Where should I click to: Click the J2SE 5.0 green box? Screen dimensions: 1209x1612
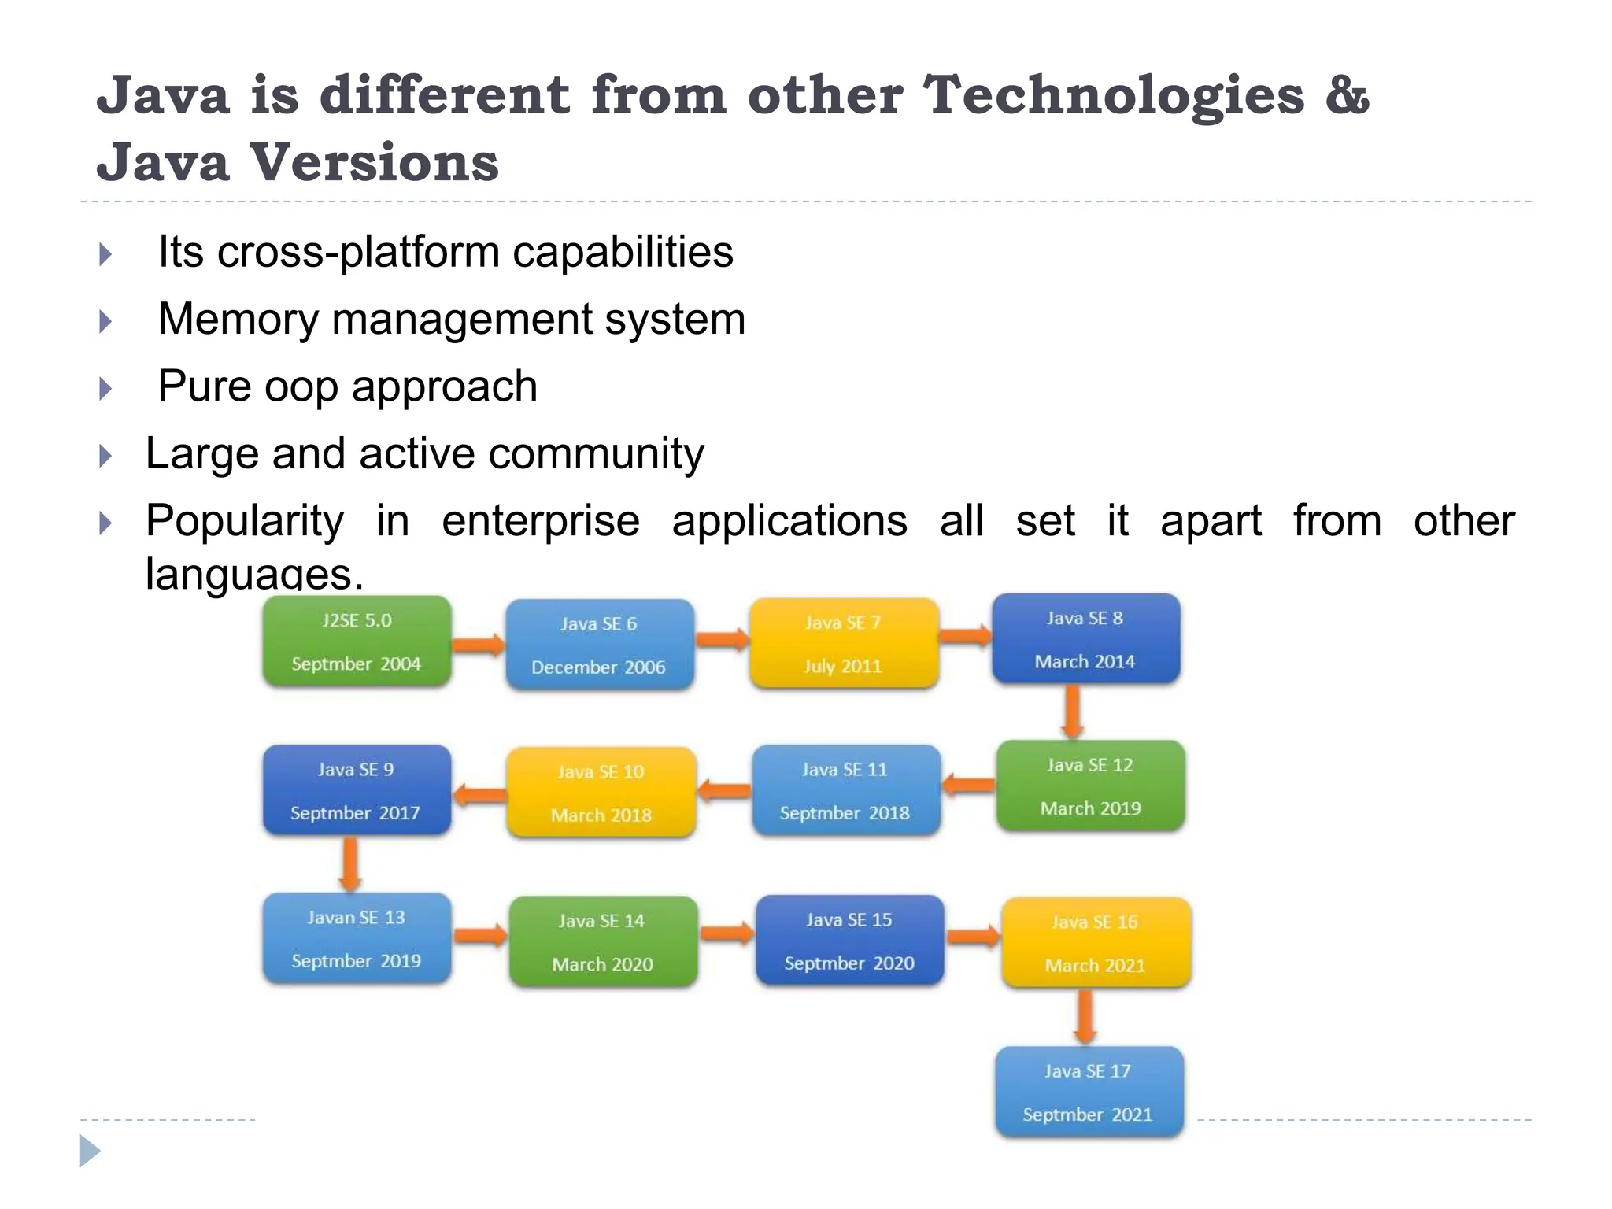click(357, 641)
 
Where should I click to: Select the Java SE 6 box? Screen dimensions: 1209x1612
click(599, 645)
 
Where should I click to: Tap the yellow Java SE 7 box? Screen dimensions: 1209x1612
click(843, 644)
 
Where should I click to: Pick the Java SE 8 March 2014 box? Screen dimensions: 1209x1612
click(1085, 639)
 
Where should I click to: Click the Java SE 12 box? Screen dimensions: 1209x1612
click(1090, 786)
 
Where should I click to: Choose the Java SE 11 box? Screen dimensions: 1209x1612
click(845, 790)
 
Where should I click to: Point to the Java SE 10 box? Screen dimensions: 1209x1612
click(601, 793)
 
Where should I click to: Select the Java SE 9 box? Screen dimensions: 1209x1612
click(357, 790)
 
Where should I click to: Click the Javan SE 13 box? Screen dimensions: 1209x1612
click(357, 938)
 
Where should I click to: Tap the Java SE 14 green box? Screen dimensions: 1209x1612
click(602, 941)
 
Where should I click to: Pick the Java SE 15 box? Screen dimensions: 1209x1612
click(849, 941)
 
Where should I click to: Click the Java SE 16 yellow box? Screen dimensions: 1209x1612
click(1095, 943)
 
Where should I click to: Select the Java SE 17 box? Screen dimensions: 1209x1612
click(1089, 1092)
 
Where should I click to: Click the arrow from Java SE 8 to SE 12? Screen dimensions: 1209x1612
click(1072, 712)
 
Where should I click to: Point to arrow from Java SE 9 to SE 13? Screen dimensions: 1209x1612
click(350, 863)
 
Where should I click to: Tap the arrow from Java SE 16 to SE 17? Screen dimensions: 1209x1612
click(1085, 1016)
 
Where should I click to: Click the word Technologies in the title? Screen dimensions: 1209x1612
click(1113, 96)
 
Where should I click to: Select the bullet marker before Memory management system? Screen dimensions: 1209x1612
click(105, 321)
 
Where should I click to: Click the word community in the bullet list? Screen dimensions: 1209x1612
click(596, 454)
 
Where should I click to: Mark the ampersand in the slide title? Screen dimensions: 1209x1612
click(1348, 96)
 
